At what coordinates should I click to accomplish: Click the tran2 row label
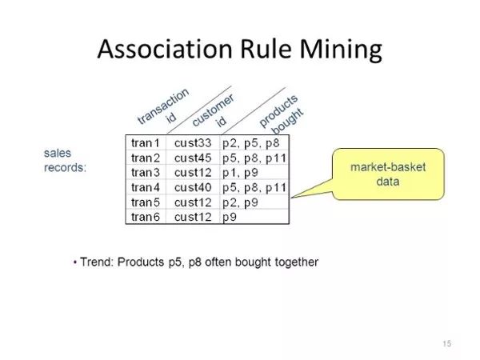(x=146, y=158)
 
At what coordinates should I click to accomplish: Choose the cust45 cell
(x=192, y=158)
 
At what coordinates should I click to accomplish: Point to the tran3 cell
(x=146, y=173)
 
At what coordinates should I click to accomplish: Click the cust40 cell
(x=192, y=187)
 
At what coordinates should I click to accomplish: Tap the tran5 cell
(x=146, y=202)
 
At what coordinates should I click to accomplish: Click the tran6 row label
(x=146, y=217)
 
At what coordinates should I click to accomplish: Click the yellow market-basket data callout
(x=387, y=174)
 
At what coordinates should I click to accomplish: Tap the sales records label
(x=65, y=160)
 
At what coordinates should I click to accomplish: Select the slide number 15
(x=446, y=344)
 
